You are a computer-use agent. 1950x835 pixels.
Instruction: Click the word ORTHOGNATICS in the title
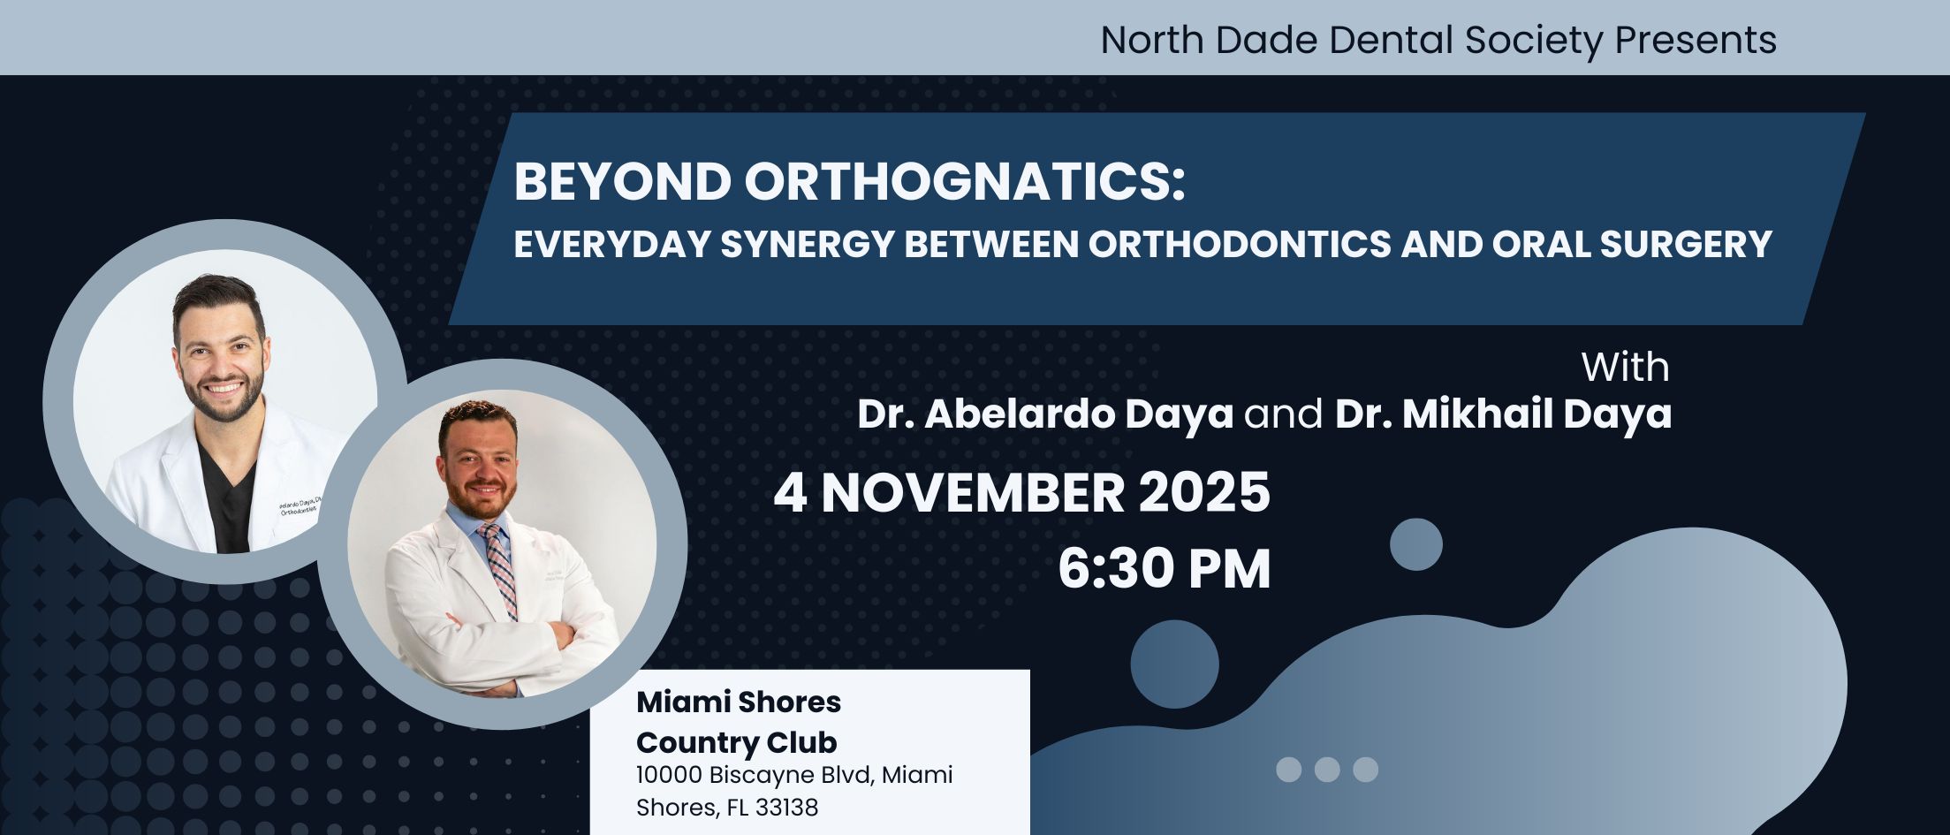[x=964, y=181]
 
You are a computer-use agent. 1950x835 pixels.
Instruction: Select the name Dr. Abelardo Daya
[x=1045, y=414]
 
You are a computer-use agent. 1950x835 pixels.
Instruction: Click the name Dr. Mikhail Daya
[x=1503, y=414]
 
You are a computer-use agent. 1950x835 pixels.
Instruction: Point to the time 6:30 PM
[x=1165, y=568]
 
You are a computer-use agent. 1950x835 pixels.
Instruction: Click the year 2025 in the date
[x=1204, y=492]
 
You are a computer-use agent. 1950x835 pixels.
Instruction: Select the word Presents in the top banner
[x=1696, y=41]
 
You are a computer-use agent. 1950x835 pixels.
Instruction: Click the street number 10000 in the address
[x=669, y=775]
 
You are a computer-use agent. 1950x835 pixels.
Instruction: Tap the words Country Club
[x=736, y=742]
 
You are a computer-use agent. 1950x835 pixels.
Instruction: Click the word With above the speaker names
[x=1626, y=368]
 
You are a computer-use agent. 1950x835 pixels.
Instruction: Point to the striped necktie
[x=500, y=569]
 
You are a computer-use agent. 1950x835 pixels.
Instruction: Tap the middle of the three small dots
[x=1327, y=770]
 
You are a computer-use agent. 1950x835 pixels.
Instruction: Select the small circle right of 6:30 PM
[x=1415, y=544]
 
